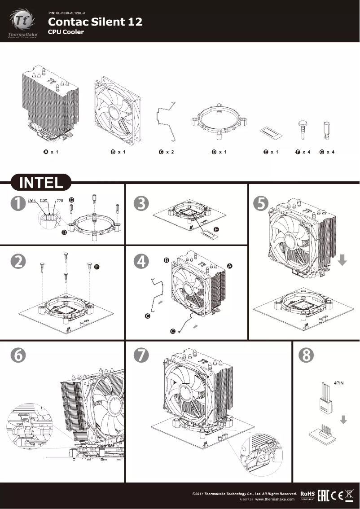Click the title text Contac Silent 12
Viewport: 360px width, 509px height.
coord(95,22)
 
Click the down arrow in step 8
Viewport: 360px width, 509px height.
coord(343,420)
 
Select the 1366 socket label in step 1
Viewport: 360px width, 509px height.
coord(32,201)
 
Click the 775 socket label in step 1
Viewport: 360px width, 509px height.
coord(60,201)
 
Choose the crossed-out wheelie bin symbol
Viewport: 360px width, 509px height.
coord(349,495)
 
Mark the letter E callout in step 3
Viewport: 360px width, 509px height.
coord(216,229)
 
